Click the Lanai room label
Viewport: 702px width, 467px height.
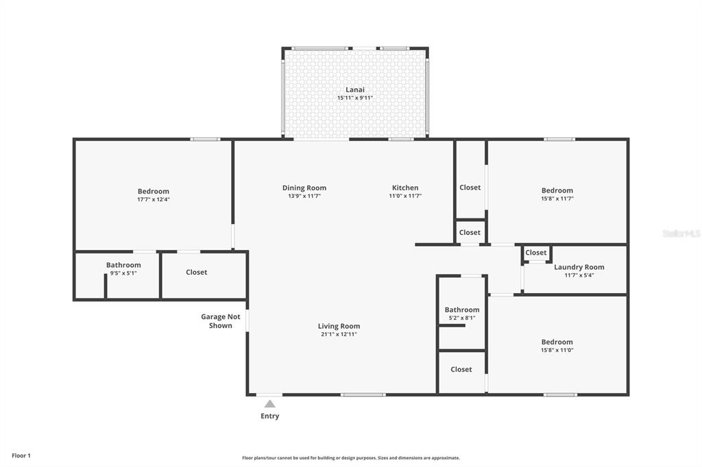(x=355, y=90)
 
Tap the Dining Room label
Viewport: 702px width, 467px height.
(x=304, y=188)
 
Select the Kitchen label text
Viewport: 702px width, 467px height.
(x=405, y=188)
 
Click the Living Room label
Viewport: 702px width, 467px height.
(x=339, y=326)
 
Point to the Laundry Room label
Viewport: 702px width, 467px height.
(x=579, y=267)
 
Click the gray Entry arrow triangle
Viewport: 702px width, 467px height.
(x=269, y=404)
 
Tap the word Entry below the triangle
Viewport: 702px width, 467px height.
(x=270, y=416)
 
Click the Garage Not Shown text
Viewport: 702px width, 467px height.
(x=221, y=321)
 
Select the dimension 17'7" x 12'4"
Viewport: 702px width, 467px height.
(x=154, y=199)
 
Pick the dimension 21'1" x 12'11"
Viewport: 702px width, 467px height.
(x=339, y=334)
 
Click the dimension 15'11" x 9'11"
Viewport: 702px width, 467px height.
(x=355, y=97)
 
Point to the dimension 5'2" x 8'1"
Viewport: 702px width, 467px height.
(x=462, y=318)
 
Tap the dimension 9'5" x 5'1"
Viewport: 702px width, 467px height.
(x=123, y=273)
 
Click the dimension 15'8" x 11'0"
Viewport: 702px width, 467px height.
(x=557, y=351)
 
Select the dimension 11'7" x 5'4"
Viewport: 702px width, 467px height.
(x=579, y=275)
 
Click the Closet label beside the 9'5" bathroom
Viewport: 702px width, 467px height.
(x=197, y=272)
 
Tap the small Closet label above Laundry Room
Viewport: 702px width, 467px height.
(x=536, y=253)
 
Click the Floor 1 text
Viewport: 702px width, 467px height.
(x=21, y=456)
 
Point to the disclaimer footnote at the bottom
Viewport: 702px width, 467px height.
(x=351, y=458)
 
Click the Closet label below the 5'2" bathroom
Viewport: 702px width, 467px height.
(x=461, y=370)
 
